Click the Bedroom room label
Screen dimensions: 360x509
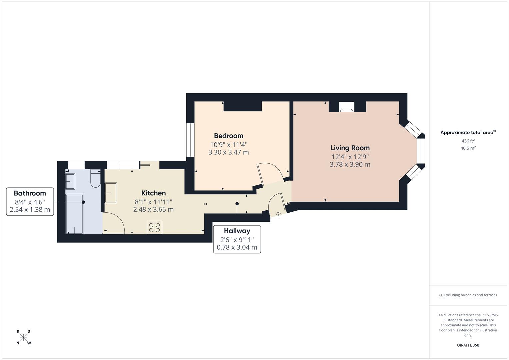click(x=228, y=136)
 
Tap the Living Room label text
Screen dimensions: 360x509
click(x=350, y=148)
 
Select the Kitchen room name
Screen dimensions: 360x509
click(x=153, y=193)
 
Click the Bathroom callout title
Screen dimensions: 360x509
click(x=30, y=193)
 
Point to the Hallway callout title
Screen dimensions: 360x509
click(x=237, y=231)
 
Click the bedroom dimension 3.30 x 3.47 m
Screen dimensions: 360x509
click(x=228, y=152)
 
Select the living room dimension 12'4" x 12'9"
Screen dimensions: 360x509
click(x=350, y=157)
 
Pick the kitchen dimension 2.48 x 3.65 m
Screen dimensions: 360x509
click(x=153, y=210)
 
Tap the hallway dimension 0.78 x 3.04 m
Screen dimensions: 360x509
click(x=237, y=247)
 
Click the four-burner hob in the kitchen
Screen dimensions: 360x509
click(x=154, y=227)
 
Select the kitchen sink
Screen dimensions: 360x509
click(x=111, y=193)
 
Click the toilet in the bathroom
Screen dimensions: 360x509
click(x=95, y=178)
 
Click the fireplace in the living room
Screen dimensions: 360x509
click(x=347, y=107)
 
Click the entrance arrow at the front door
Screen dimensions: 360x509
click(x=278, y=214)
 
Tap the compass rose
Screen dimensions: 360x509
click(x=23, y=337)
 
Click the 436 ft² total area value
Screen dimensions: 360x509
click(x=468, y=141)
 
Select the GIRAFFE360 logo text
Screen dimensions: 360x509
click(x=468, y=345)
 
